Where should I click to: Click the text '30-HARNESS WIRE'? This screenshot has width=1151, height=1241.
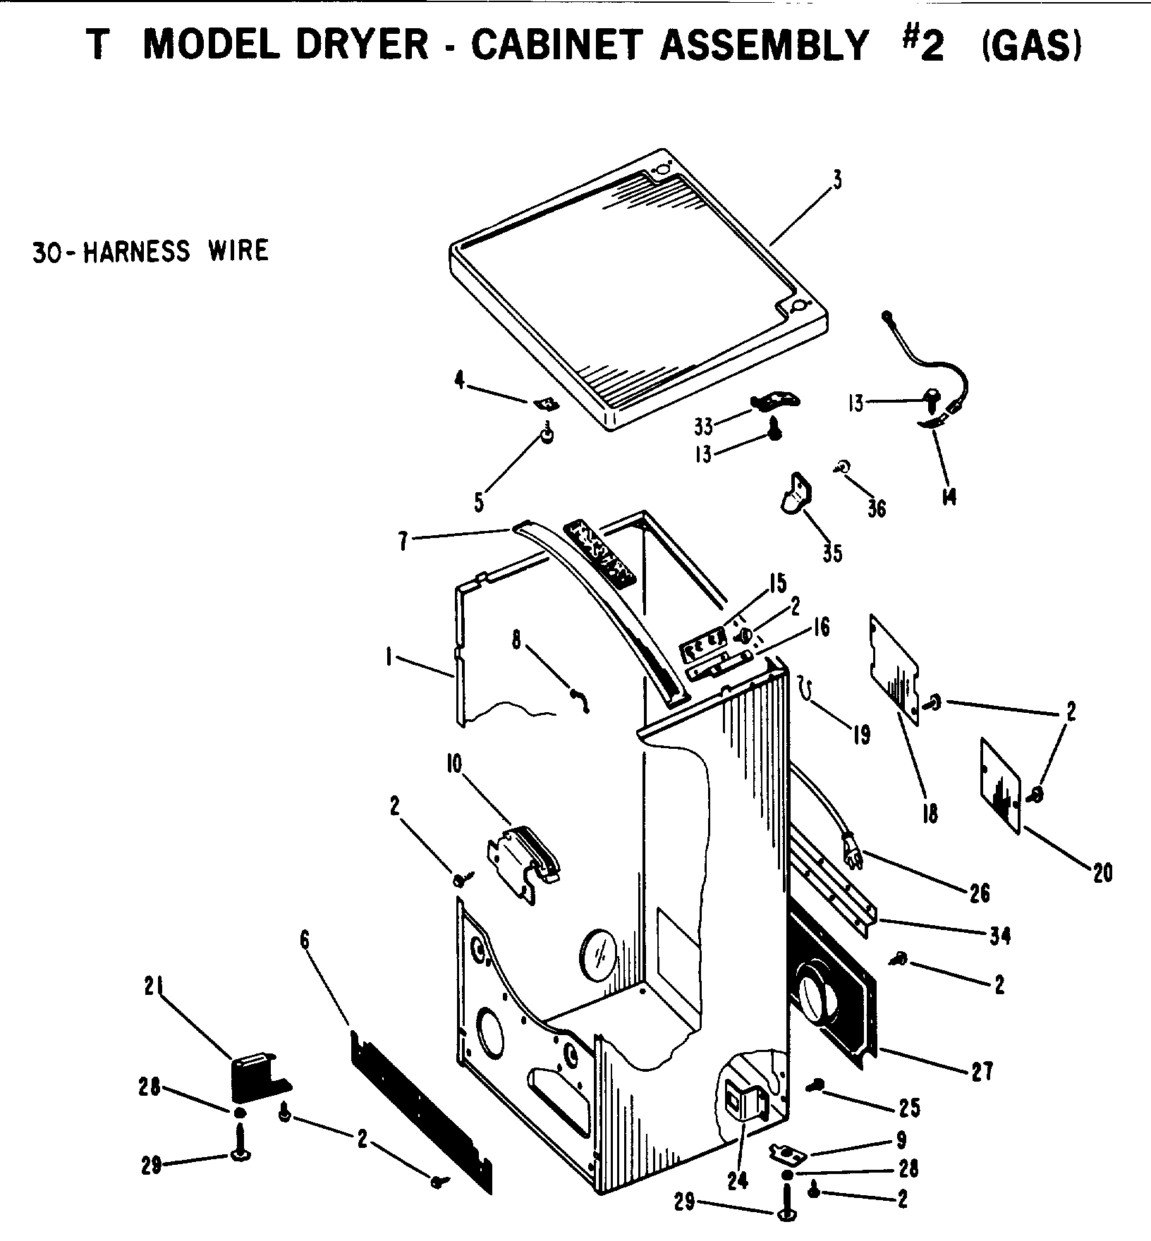tap(150, 251)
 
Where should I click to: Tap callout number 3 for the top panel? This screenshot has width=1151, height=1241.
tap(836, 180)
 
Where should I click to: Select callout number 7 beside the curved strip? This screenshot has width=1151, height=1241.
tap(403, 544)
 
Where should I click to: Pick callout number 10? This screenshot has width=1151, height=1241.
tap(453, 764)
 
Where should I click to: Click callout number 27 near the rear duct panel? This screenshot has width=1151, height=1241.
tap(982, 1072)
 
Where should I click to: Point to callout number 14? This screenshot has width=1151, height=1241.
tap(949, 497)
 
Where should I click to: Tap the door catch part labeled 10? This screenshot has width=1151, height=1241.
tap(523, 857)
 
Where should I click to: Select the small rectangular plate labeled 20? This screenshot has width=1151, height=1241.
tap(1001, 785)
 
